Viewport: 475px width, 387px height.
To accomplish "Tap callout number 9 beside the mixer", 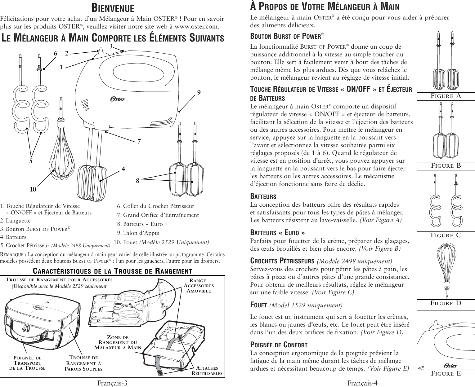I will coord(199,92).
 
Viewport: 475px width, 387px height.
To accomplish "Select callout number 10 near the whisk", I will coord(33,189).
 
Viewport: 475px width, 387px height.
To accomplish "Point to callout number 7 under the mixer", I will coord(139,141).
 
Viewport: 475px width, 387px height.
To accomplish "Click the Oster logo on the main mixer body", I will coord(118,99).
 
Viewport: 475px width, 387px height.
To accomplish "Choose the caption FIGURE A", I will coord(446,96).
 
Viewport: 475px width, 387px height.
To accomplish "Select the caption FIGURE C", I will coord(446,235).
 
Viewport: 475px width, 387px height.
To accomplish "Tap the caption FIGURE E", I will coord(446,373).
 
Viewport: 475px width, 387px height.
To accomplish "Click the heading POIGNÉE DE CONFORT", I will coord(279,345).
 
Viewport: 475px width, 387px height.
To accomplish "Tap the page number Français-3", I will coord(112,383).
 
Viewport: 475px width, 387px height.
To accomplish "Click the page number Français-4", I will coord(362,383).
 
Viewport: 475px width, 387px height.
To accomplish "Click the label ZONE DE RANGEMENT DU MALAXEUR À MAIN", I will coord(118,342).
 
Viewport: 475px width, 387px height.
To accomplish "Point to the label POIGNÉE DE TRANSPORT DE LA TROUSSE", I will coord(27,363).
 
